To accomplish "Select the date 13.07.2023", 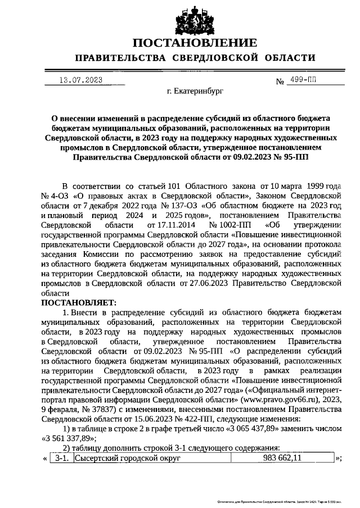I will click(x=80, y=80).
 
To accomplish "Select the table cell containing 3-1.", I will click(x=61, y=459).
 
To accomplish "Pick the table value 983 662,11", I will click(x=282, y=459).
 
